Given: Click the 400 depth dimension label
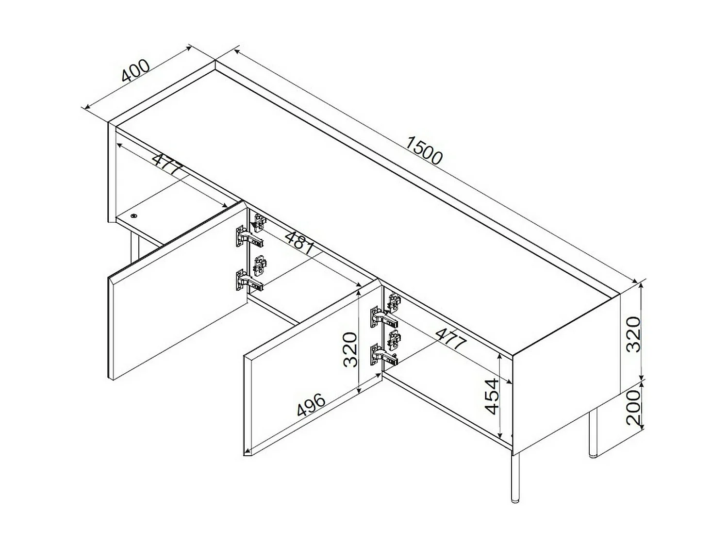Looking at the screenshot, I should pyautogui.click(x=135, y=71).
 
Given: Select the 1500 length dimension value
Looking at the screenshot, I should pyautogui.click(x=424, y=151).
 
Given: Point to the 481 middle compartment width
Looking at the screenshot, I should pyautogui.click(x=299, y=242).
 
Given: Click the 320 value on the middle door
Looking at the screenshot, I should pyautogui.click(x=350, y=349).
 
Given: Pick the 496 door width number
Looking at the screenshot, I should pyautogui.click(x=311, y=405).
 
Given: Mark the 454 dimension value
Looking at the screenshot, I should pyautogui.click(x=492, y=396).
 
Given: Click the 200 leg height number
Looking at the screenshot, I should pyautogui.click(x=633, y=407).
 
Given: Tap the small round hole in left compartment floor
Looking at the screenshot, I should pyautogui.click(x=133, y=216).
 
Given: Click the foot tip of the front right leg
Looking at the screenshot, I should pyautogui.click(x=515, y=497).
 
